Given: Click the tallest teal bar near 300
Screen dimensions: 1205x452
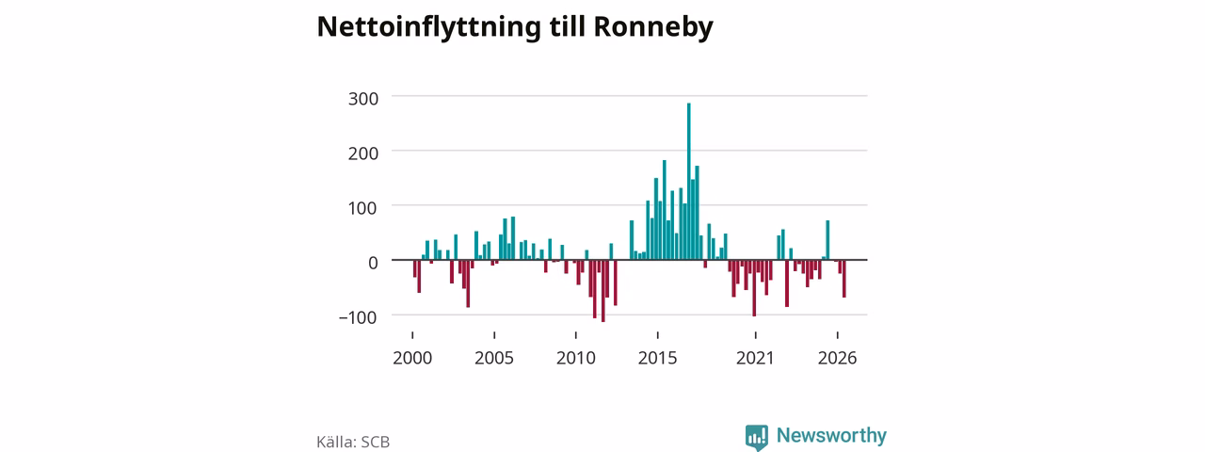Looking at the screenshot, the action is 688,182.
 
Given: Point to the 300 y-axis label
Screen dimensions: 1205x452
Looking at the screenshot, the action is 363,99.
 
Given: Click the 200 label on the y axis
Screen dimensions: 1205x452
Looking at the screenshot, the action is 363,153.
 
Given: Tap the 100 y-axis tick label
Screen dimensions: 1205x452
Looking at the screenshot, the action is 362,208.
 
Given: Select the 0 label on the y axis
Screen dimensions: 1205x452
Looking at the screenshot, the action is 373,263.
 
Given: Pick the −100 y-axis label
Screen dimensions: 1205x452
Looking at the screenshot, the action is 359,317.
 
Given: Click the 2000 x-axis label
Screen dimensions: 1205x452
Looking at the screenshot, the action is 412,358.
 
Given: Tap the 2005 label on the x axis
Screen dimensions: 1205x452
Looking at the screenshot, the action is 494,358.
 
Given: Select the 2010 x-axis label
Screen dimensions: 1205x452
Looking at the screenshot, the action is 576,358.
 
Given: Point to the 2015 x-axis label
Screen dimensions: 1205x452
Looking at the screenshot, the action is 658,358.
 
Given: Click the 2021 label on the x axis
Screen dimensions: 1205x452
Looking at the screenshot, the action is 755,358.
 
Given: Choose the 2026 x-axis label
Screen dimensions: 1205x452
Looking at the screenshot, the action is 838,358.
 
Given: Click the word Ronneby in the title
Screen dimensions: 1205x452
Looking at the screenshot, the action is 653,27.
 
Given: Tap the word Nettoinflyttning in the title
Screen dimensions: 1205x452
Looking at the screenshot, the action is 428,27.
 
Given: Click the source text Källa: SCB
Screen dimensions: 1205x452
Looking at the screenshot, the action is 353,442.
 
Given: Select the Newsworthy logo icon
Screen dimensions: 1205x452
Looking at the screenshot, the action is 757,437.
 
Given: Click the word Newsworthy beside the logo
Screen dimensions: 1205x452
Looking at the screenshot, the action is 831,435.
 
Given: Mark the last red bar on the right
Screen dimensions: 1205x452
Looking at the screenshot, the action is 844,279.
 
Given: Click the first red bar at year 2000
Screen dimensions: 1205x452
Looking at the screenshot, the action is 415,268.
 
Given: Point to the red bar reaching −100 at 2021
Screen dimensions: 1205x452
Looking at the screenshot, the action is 754,288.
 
